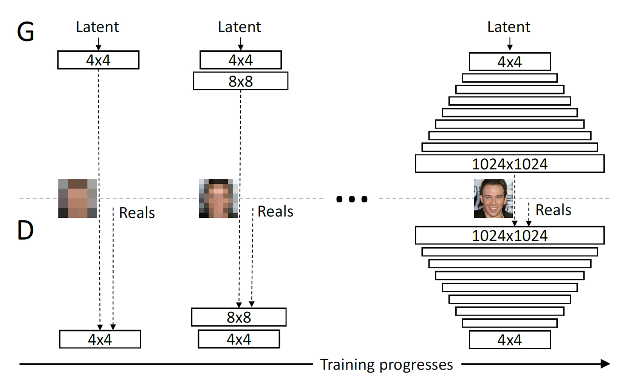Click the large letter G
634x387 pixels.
tap(26, 32)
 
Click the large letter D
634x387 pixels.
tap(25, 230)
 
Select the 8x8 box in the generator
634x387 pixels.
tap(240, 81)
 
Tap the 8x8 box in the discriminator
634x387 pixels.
tap(238, 317)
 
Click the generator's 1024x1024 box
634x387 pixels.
tap(509, 164)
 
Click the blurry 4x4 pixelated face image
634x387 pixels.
tap(77, 198)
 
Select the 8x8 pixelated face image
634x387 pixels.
tap(218, 198)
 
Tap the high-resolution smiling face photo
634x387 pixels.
tap(493, 198)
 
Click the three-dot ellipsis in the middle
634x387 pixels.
tap(351, 199)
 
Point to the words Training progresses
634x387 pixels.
tap(386, 365)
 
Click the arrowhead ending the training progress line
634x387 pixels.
tap(605, 364)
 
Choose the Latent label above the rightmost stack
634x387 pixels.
tap(509, 27)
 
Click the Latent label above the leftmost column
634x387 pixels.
tap(97, 27)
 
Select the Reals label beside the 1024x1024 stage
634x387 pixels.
tap(553, 210)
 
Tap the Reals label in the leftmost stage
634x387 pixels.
tap(137, 213)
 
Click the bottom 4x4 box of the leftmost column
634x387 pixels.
tap(100, 339)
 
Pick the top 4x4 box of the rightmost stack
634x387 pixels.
tap(509, 62)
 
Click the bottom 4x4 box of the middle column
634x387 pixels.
tap(238, 339)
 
